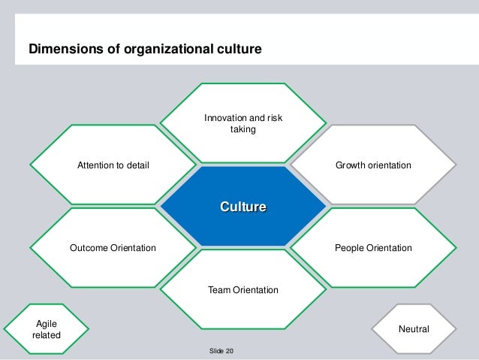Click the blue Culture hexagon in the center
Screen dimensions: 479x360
[243, 206]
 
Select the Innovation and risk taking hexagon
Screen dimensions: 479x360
[243, 125]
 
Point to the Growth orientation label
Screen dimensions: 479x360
[373, 165]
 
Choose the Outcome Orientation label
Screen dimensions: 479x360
[113, 248]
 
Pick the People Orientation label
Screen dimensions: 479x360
[373, 248]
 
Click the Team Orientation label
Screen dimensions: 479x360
[243, 290]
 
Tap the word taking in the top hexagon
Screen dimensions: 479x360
[243, 130]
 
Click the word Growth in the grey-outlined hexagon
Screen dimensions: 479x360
[351, 165]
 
